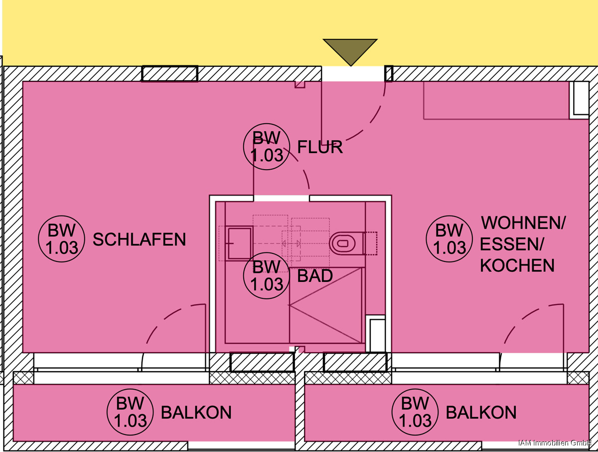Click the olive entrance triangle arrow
click(x=350, y=51)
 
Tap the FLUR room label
click(x=320, y=147)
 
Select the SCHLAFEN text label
click(x=139, y=239)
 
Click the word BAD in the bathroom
click(x=315, y=276)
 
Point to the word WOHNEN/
click(x=523, y=223)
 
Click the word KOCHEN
click(x=517, y=265)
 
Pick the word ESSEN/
click(x=512, y=244)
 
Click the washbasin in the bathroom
click(x=240, y=243)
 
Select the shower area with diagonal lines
click(x=326, y=305)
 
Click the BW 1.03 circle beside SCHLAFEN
click(x=62, y=239)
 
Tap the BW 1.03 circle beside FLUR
click(x=267, y=147)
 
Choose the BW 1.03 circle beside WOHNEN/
click(x=449, y=239)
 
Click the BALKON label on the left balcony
click(x=196, y=413)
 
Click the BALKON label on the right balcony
click(x=481, y=413)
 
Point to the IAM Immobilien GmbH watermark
click(x=555, y=443)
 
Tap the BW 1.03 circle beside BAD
click(x=267, y=276)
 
